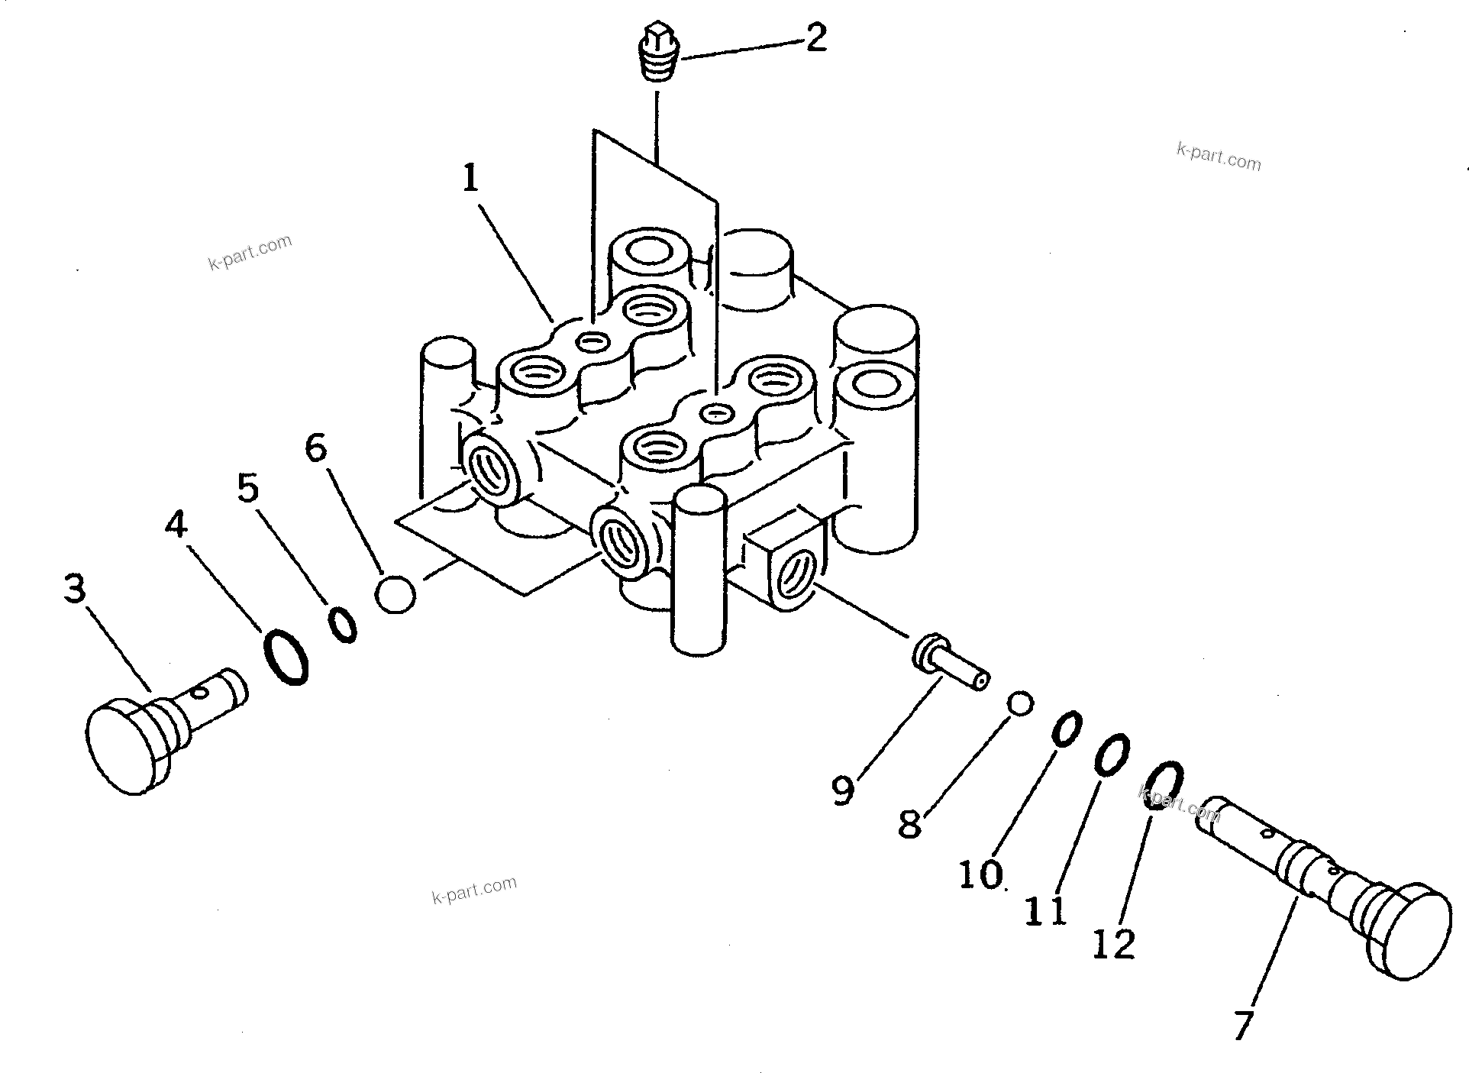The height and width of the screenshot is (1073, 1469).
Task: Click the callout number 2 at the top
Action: point(815,37)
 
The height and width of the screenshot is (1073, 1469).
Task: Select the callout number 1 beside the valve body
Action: point(470,179)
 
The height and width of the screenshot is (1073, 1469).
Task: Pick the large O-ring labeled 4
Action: point(286,657)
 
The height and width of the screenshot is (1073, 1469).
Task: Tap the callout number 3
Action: point(74,589)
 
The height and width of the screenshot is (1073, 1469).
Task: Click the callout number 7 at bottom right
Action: point(1243,1025)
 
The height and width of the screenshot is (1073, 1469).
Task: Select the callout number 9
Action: point(842,791)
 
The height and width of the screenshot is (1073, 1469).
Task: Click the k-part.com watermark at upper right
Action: point(1219,157)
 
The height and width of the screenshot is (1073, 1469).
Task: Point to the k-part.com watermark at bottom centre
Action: point(474,890)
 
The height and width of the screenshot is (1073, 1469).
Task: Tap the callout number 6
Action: point(316,448)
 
